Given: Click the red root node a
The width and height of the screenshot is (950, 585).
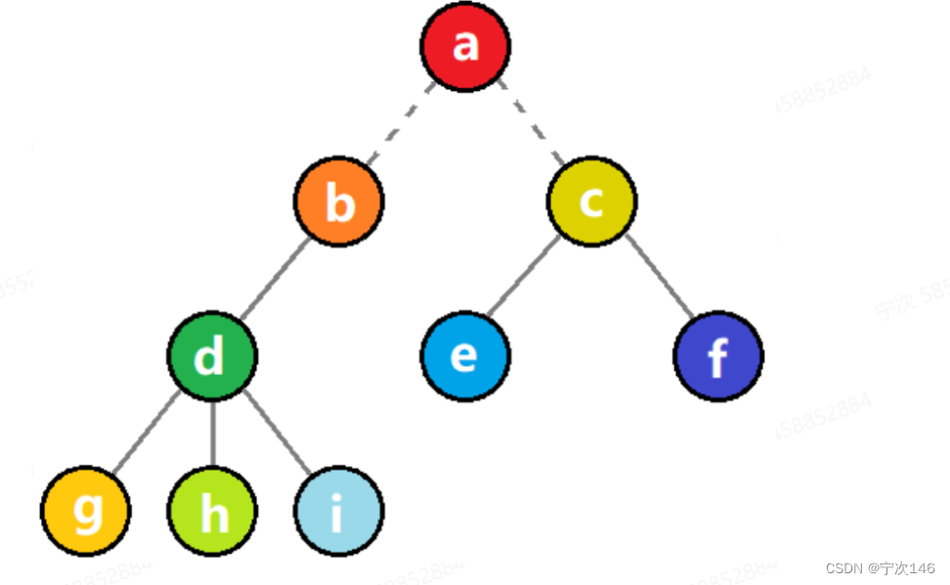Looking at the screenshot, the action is click(x=465, y=46).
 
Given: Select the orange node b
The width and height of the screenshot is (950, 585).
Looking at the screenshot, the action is click(x=339, y=202).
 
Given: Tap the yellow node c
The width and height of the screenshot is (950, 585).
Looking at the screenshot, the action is click(x=591, y=202).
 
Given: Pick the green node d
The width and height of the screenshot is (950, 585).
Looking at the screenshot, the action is click(x=212, y=356).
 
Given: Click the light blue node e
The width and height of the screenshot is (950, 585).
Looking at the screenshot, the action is click(x=465, y=356).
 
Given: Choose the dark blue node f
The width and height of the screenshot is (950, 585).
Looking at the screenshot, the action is click(x=718, y=356).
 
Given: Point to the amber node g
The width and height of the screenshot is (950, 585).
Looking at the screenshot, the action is click(x=86, y=511).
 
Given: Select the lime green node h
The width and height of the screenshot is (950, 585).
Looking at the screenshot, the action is click(x=212, y=511).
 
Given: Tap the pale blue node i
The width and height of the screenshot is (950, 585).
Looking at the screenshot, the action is click(x=338, y=511).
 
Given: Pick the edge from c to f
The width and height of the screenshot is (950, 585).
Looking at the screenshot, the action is click(x=659, y=277).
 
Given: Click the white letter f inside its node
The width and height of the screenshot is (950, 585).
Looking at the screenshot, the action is click(x=718, y=358).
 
